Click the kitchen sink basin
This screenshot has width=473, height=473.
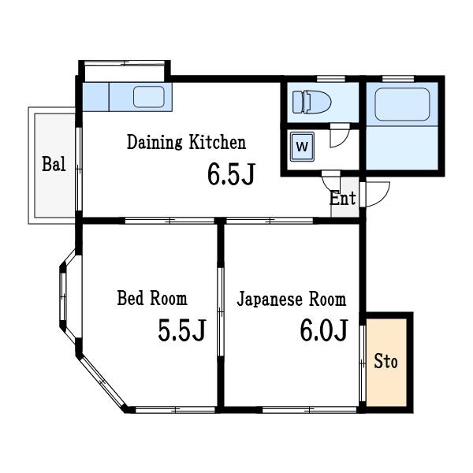click(148, 97)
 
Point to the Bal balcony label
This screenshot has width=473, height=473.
click(54, 165)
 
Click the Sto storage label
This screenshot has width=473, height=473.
click(385, 362)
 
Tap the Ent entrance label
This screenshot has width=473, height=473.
click(343, 198)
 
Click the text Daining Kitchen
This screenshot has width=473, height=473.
click(187, 143)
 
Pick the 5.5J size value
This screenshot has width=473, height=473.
click(181, 331)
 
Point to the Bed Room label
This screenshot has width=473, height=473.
click(152, 299)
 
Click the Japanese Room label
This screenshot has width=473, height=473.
click(291, 300)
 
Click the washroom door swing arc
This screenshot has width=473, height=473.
click(338, 137)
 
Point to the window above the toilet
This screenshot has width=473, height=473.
click(321, 78)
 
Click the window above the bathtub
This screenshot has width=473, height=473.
click(401, 78)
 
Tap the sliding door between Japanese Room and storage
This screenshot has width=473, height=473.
click(362, 363)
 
